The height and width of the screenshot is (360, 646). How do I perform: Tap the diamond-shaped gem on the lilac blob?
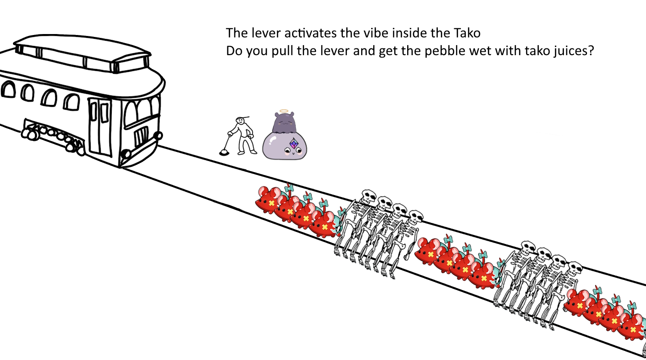(294, 144)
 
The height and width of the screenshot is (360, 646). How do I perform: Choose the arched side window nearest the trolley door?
(71, 102)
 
